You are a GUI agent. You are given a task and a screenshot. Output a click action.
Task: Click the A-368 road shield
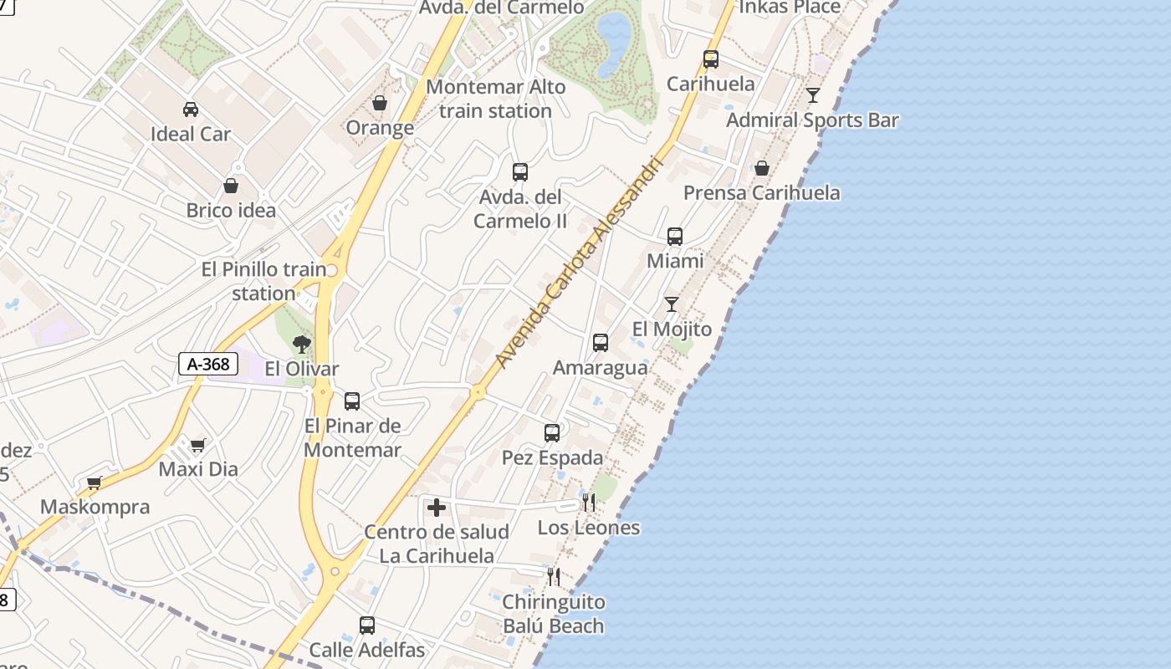point(208,364)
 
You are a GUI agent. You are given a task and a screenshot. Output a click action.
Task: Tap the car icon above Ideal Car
point(191,109)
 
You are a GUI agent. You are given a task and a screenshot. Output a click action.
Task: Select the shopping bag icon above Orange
point(380,103)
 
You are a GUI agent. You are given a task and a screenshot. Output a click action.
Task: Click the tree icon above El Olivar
point(301,344)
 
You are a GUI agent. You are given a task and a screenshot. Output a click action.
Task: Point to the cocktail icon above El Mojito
point(671,304)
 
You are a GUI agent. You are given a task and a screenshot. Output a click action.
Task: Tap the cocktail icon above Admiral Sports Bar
point(812,94)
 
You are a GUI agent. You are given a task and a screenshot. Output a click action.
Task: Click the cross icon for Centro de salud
point(436,508)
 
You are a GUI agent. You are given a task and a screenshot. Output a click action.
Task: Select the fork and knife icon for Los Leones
point(589,503)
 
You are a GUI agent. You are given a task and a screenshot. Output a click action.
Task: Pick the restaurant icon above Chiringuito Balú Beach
point(553,576)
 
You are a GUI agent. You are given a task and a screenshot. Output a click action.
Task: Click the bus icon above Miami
point(675,237)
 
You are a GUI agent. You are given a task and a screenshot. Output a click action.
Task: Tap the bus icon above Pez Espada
point(552,432)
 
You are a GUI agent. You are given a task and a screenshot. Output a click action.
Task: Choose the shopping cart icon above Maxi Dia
point(198,445)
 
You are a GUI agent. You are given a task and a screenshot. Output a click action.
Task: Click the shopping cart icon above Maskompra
point(95,483)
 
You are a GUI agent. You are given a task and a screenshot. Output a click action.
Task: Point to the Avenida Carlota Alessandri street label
point(579,263)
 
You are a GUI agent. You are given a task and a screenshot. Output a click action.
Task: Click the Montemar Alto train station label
point(495,99)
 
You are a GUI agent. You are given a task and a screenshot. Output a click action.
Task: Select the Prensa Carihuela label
point(761,193)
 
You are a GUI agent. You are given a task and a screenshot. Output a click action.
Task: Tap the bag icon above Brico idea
point(231,186)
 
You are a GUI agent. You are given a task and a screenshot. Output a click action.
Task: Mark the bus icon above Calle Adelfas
point(366,625)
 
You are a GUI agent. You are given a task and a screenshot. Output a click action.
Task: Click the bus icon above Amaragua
point(600,343)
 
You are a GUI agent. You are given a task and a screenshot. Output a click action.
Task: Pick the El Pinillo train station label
point(263,281)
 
